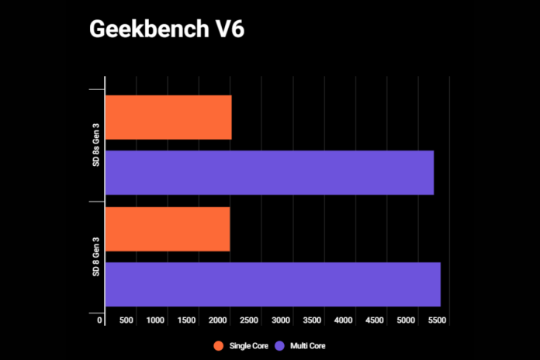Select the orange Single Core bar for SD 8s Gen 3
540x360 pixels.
[168, 117]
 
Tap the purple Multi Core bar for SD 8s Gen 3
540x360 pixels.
[269, 172]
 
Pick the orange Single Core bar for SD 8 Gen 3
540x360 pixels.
[168, 229]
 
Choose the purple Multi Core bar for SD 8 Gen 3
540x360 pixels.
[272, 284]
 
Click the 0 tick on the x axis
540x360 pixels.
[100, 320]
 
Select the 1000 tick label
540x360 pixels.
[155, 320]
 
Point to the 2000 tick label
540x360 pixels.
[218, 320]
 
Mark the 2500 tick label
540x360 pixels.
[250, 320]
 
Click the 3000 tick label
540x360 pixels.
[281, 320]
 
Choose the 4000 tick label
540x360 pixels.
[344, 320]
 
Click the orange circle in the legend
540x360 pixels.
[219, 345]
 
